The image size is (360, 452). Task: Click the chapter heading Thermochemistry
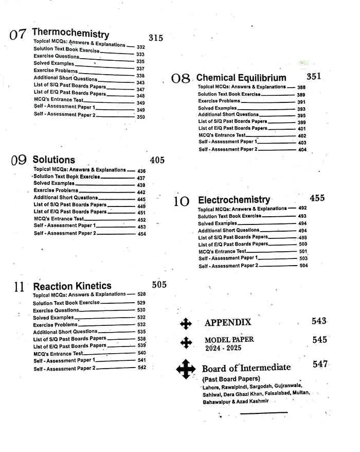[70, 34]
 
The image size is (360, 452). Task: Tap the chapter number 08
[181, 79]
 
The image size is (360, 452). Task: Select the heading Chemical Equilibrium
[241, 78]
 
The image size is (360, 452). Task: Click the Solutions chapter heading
[54, 160]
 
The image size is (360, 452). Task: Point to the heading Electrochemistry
[234, 200]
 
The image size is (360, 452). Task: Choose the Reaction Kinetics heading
[72, 286]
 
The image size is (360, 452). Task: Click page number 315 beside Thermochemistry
[156, 38]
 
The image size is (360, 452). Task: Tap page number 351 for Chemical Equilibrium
[314, 76]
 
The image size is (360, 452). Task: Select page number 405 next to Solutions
[157, 160]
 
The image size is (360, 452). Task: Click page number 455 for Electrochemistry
[317, 198]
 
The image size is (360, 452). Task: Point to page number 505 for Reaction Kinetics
[159, 285]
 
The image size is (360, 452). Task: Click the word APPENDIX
[228, 323]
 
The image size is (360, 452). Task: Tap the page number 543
[319, 321]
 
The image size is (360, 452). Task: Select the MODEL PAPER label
[229, 340]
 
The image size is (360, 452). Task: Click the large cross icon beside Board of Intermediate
[186, 369]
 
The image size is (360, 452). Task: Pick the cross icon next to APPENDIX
[186, 323]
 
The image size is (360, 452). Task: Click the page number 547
[320, 364]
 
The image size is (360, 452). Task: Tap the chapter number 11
[19, 287]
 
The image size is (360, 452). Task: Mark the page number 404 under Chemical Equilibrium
[302, 150]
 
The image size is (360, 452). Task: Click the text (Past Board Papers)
[231, 379]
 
